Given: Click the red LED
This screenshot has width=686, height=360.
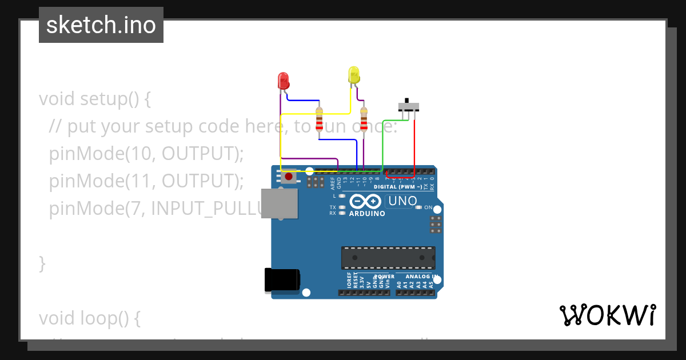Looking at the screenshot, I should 283,81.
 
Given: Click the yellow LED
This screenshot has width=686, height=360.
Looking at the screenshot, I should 354,75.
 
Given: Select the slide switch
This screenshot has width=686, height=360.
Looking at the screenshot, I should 409,106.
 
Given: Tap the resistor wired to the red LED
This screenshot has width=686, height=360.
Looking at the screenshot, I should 319,120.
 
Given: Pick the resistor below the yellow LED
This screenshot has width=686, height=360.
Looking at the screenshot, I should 364,120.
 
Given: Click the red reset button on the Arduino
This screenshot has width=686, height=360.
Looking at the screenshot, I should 289,177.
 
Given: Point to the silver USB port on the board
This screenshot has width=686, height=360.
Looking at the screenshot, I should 279,203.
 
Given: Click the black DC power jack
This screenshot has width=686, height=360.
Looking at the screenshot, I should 281,280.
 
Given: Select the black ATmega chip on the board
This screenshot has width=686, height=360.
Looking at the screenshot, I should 388,258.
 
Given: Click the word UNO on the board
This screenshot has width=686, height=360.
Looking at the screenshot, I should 402,201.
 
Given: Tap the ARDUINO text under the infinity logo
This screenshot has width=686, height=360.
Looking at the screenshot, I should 367,214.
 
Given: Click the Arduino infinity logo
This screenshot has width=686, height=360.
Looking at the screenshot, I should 365,202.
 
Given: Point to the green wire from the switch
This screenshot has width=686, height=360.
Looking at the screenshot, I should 382,143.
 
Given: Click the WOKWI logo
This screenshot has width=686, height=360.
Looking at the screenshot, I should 608,315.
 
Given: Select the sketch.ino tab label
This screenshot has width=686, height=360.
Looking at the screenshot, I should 101,25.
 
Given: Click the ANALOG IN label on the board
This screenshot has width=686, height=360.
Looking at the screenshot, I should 422,277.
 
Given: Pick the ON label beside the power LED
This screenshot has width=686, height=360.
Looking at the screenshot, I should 428,207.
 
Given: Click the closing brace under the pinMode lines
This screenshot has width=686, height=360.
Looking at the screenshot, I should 42,263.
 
